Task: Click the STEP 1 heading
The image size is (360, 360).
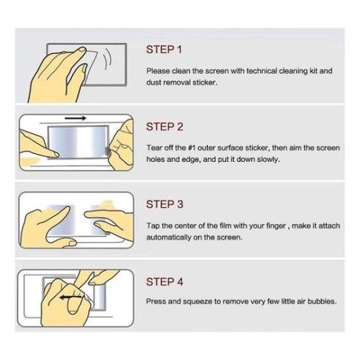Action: coord(164,50)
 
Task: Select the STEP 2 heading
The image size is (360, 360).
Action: coord(165,127)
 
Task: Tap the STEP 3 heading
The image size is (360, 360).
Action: coord(165,204)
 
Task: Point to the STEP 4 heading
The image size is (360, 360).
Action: coord(165,282)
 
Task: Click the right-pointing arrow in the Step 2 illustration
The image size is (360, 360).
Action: coord(76,118)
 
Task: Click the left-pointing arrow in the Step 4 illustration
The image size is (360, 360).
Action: coord(71,297)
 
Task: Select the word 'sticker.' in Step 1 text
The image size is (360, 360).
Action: coord(205,83)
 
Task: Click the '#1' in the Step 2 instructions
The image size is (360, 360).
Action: coord(192,148)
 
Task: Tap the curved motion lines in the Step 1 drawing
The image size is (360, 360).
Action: coord(107,60)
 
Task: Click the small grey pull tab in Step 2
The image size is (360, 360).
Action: coord(107,152)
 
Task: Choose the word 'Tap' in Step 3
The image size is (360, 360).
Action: coord(153,226)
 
